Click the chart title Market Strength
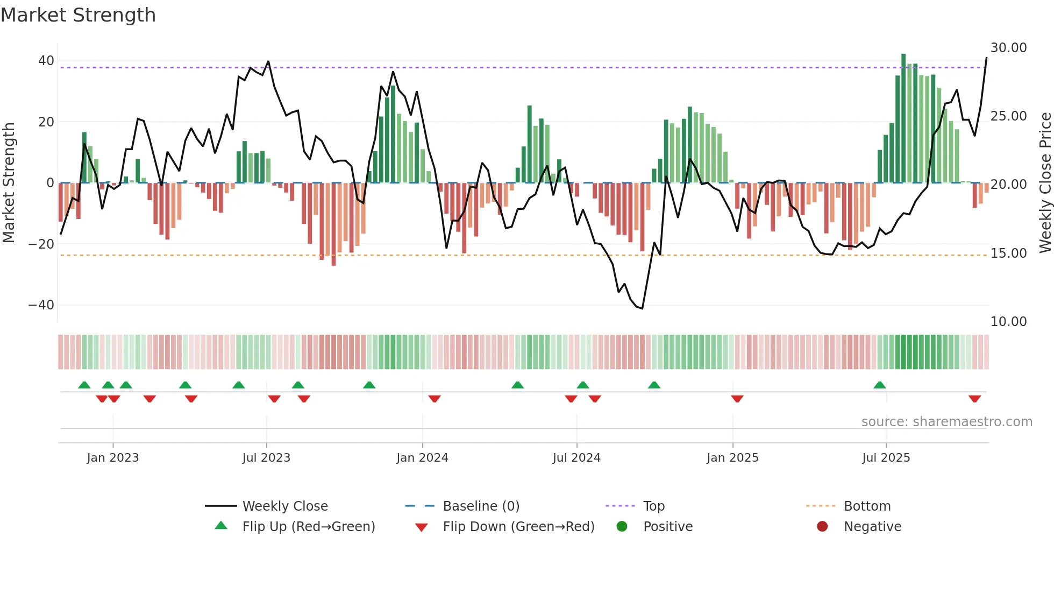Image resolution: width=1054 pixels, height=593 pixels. [x=78, y=15]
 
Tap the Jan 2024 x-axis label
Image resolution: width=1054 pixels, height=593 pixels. [x=422, y=458]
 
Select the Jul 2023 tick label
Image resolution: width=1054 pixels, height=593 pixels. [x=266, y=458]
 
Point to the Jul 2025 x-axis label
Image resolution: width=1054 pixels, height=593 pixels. [x=886, y=458]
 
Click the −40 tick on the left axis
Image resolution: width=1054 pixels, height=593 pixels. [x=41, y=305]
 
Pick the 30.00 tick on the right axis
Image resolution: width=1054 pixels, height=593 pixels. [x=1008, y=48]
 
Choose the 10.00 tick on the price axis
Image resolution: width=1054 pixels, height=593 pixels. [x=1008, y=322]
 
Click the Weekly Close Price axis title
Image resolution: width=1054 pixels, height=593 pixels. [x=1045, y=182]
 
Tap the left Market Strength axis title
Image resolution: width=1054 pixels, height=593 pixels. [x=9, y=182]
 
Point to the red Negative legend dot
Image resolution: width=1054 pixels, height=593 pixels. [x=822, y=526]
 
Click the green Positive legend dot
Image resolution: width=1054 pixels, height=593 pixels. [x=622, y=526]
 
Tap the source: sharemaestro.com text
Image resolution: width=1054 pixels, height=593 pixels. [x=946, y=422]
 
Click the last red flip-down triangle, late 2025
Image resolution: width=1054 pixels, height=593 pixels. [x=974, y=399]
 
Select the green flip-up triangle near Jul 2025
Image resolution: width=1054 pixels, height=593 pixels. [x=880, y=385]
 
